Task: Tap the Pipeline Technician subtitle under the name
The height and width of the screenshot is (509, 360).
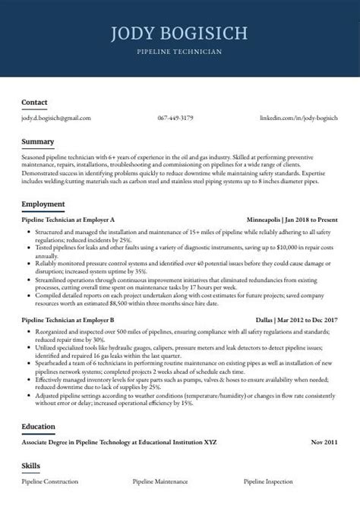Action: pyautogui.click(x=179, y=52)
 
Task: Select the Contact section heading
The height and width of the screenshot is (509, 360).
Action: pyautogui.click(x=34, y=102)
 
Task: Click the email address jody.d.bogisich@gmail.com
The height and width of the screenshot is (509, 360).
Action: pyautogui.click(x=56, y=119)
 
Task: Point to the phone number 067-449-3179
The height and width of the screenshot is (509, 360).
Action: pyautogui.click(x=175, y=119)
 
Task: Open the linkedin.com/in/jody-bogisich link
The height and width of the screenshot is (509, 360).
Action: pyautogui.click(x=298, y=119)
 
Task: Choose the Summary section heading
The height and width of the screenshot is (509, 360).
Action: pyautogui.click(x=38, y=141)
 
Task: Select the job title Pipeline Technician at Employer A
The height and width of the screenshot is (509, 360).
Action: pyautogui.click(x=68, y=219)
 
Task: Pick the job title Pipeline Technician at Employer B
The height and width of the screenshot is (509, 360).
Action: pyautogui.click(x=68, y=321)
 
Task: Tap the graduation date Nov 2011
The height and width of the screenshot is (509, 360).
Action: pyautogui.click(x=324, y=441)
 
